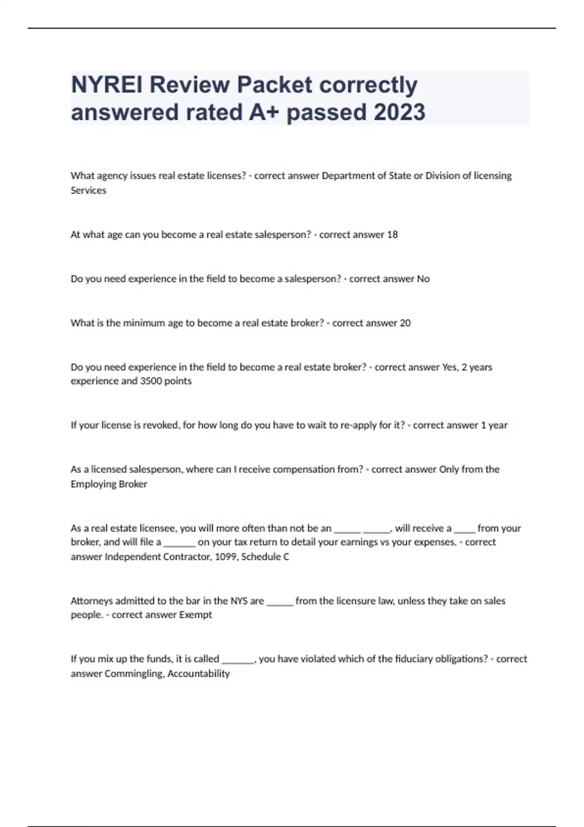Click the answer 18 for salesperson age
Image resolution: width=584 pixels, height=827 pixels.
[x=392, y=234]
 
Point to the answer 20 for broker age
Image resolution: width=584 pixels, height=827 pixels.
[x=405, y=323]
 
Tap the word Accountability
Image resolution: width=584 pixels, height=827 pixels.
[x=199, y=674]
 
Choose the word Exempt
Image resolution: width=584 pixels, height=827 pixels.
[x=196, y=615]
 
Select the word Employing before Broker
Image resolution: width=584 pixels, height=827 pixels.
[x=91, y=484]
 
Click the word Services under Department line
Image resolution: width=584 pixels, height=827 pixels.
[x=88, y=190]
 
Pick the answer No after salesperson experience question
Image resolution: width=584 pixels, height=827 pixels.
[x=423, y=279]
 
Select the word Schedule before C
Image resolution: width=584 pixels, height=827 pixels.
[x=261, y=557]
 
